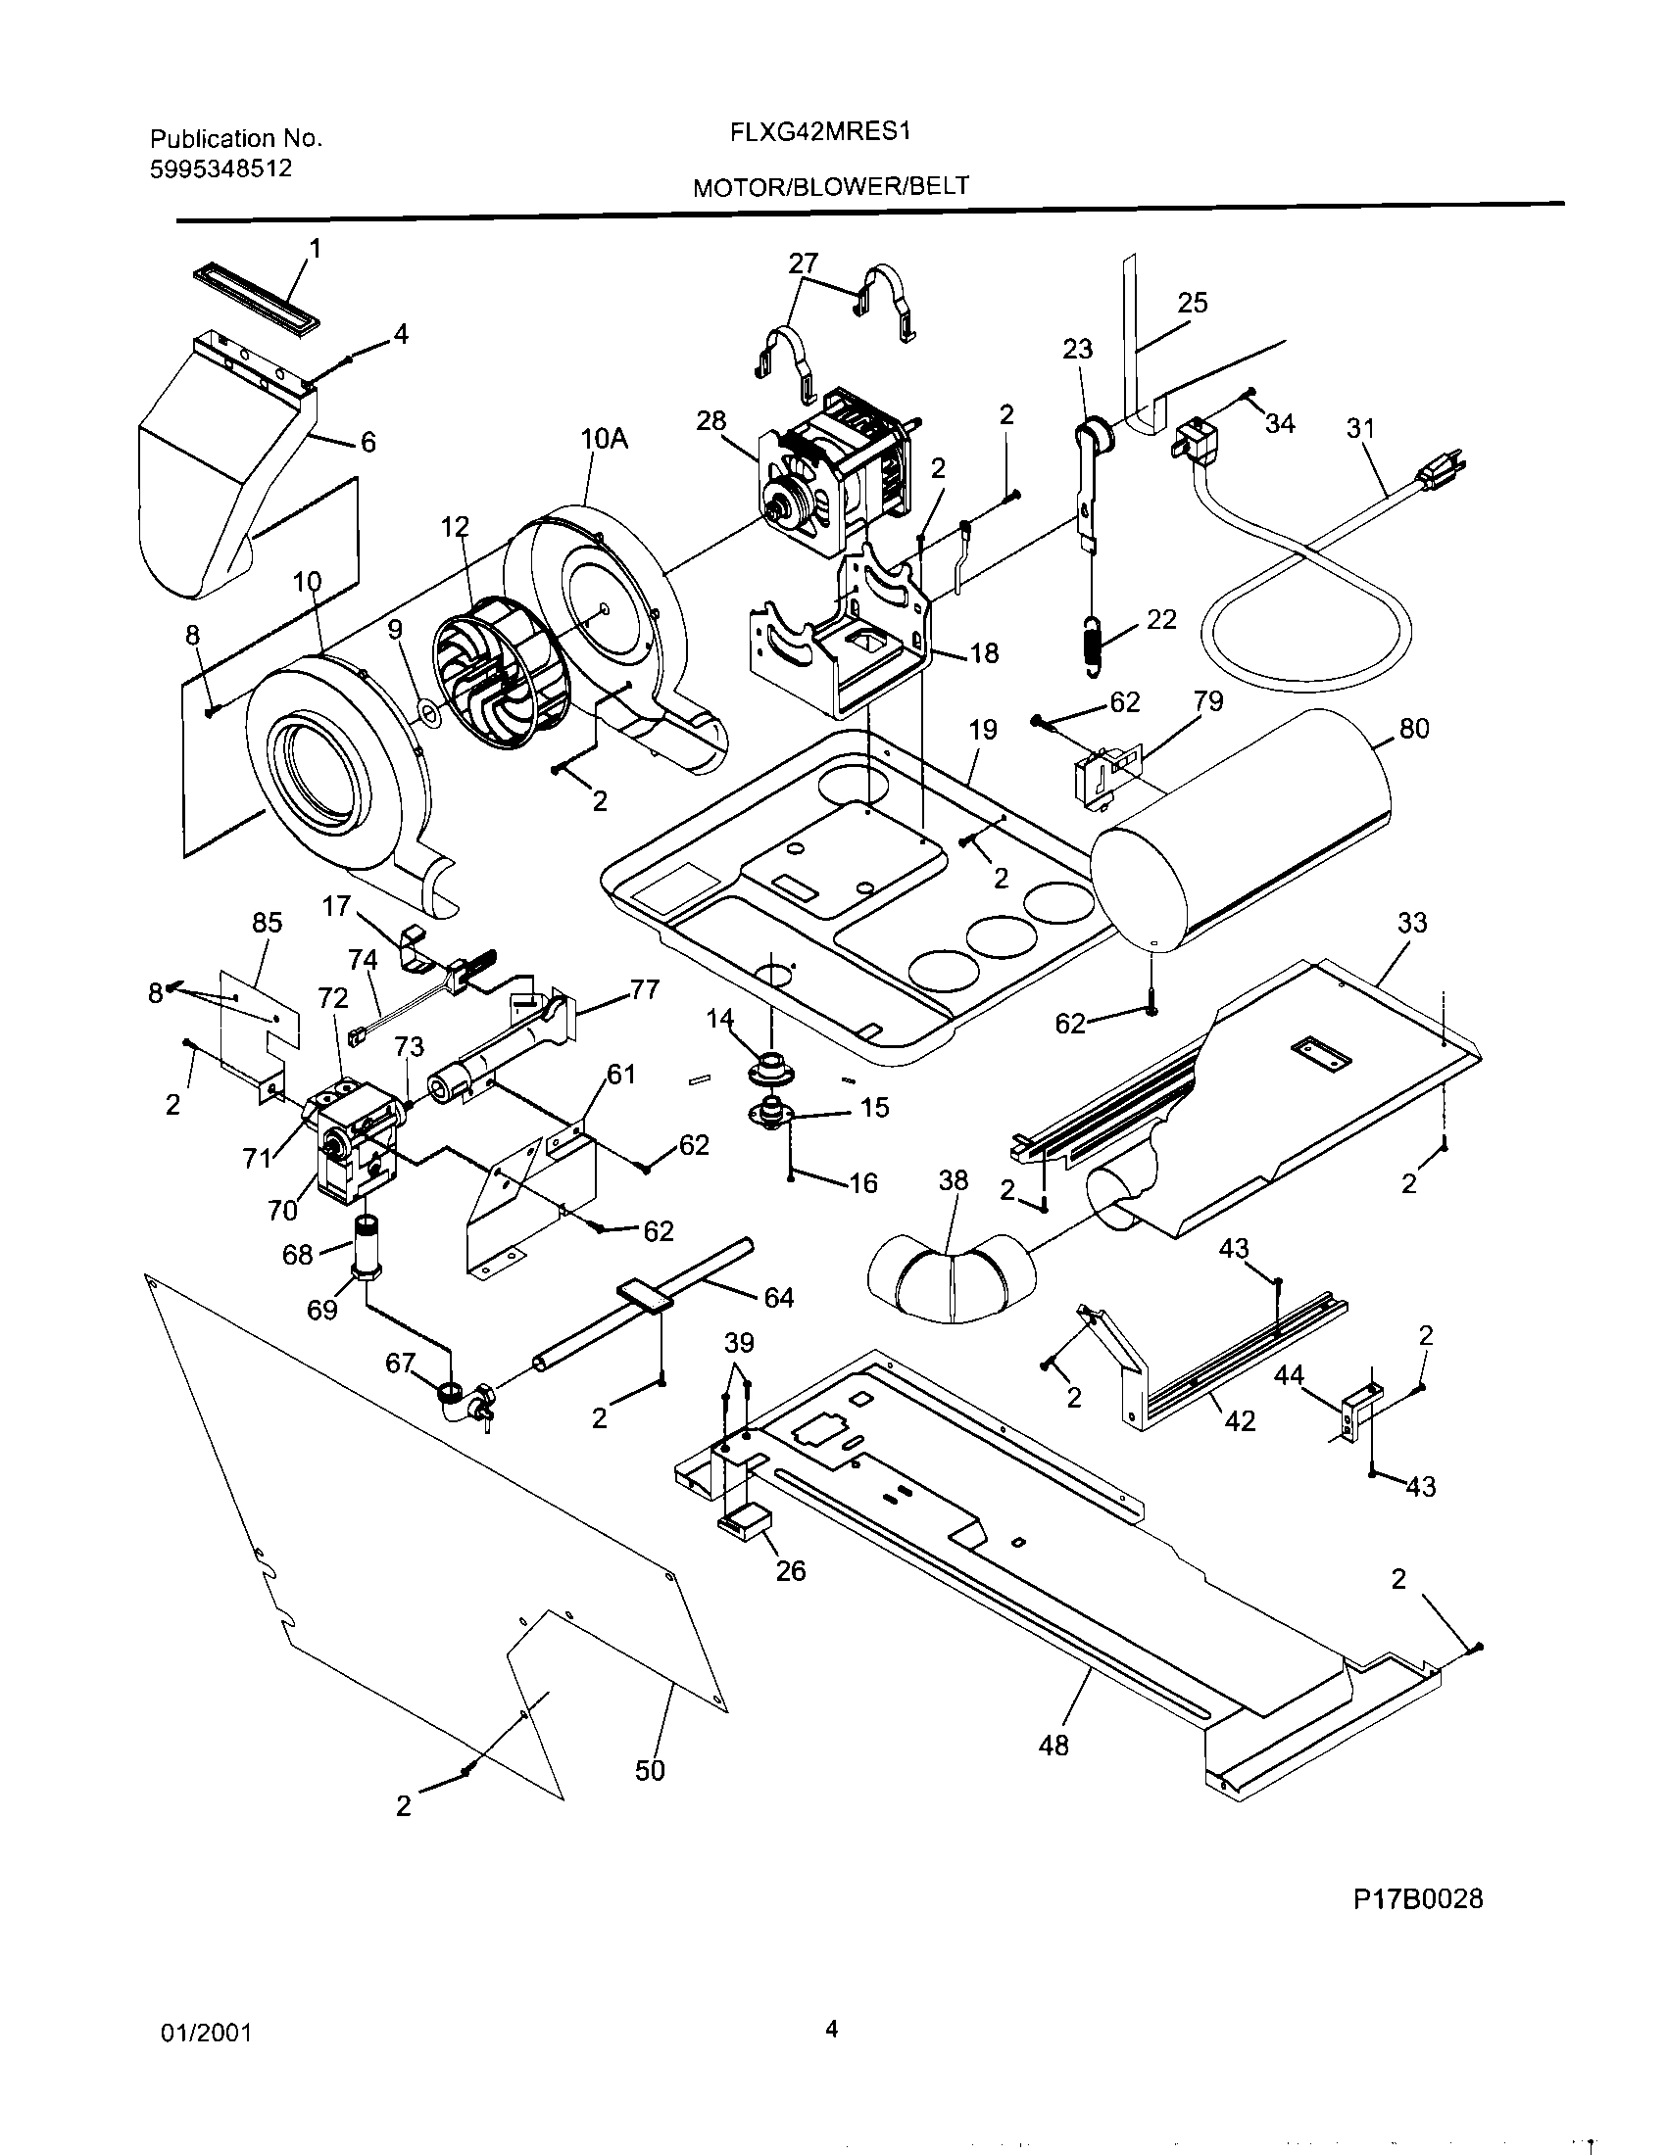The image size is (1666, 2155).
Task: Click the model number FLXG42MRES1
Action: pyautogui.click(x=818, y=131)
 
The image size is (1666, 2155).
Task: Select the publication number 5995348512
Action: pyautogui.click(x=221, y=168)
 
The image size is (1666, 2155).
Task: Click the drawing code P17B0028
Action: pyautogui.click(x=1417, y=1898)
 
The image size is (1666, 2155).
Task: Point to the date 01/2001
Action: pyautogui.click(x=206, y=2033)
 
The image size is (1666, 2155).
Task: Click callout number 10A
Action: pyautogui.click(x=604, y=439)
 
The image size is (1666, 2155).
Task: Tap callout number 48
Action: pyautogui.click(x=1053, y=1746)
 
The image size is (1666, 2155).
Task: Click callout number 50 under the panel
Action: pyautogui.click(x=650, y=1770)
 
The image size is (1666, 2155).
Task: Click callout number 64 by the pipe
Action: pyautogui.click(x=779, y=1298)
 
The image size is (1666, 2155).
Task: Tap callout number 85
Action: pyautogui.click(x=267, y=922)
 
